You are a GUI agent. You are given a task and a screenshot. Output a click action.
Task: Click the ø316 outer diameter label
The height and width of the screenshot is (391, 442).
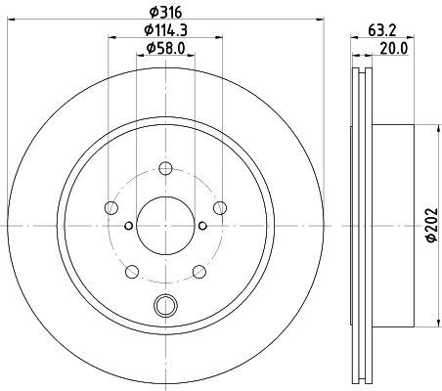click(164, 11)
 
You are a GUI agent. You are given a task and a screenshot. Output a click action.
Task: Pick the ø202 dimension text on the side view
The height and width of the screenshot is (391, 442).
click(431, 225)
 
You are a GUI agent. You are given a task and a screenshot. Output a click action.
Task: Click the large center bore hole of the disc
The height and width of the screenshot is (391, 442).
click(164, 225)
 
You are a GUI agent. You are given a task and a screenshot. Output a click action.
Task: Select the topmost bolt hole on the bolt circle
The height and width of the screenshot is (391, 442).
click(164, 168)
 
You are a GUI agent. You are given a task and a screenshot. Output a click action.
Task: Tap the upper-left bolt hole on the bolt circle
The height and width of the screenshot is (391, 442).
click(110, 206)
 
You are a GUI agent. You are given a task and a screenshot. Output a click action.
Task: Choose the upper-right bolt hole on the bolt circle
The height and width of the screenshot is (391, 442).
click(219, 206)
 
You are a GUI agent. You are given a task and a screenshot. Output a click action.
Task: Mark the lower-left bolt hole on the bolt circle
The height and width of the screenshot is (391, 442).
click(131, 271)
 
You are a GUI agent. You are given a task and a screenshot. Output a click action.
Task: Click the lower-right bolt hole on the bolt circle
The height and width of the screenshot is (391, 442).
click(199, 271)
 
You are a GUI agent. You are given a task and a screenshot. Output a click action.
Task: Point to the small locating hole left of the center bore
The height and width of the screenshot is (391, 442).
click(128, 225)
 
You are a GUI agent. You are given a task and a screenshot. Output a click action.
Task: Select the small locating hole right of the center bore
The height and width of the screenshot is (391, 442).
click(201, 225)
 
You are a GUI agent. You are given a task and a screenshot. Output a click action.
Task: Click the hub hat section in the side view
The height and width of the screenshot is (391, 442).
click(393, 225)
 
